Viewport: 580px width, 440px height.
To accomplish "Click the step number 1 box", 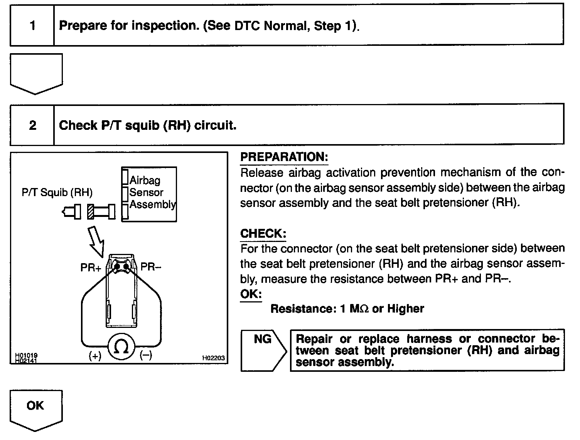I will [32, 26].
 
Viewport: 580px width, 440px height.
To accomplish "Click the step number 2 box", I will [32, 125].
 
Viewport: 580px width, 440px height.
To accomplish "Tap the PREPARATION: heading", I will [284, 157].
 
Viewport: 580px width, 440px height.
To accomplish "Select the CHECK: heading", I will [263, 233].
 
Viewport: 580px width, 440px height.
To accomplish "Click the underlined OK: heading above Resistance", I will [251, 294].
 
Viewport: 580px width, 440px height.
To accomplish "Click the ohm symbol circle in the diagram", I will [121, 347].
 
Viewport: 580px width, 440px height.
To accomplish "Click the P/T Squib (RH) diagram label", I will [57, 193].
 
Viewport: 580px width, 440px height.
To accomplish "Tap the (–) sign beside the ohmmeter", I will [145, 355].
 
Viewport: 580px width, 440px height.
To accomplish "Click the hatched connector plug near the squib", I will [91, 212].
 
